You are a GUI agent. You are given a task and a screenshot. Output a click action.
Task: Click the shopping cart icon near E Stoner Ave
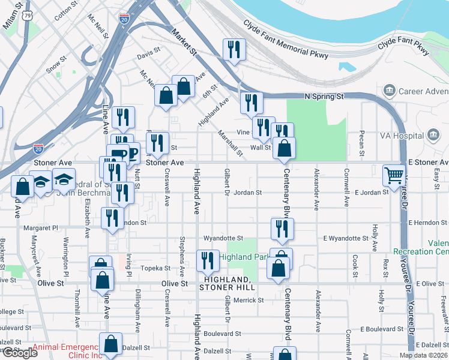tap(394, 176)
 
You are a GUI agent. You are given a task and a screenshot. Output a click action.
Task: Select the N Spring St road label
tap(324, 96)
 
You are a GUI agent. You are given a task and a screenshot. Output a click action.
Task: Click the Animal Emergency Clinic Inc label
tap(66, 351)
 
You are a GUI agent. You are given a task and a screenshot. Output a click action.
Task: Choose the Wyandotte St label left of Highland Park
tap(223, 238)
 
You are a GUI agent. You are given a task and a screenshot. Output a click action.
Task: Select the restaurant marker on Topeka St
tap(206, 261)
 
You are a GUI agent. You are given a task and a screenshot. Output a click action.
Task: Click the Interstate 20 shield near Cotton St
tap(124, 19)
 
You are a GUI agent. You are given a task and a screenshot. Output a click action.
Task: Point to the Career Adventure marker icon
tap(390, 91)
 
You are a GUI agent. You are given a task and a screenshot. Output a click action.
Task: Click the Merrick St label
tap(245, 300)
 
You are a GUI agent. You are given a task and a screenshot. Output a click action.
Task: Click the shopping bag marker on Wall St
tap(284, 148)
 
